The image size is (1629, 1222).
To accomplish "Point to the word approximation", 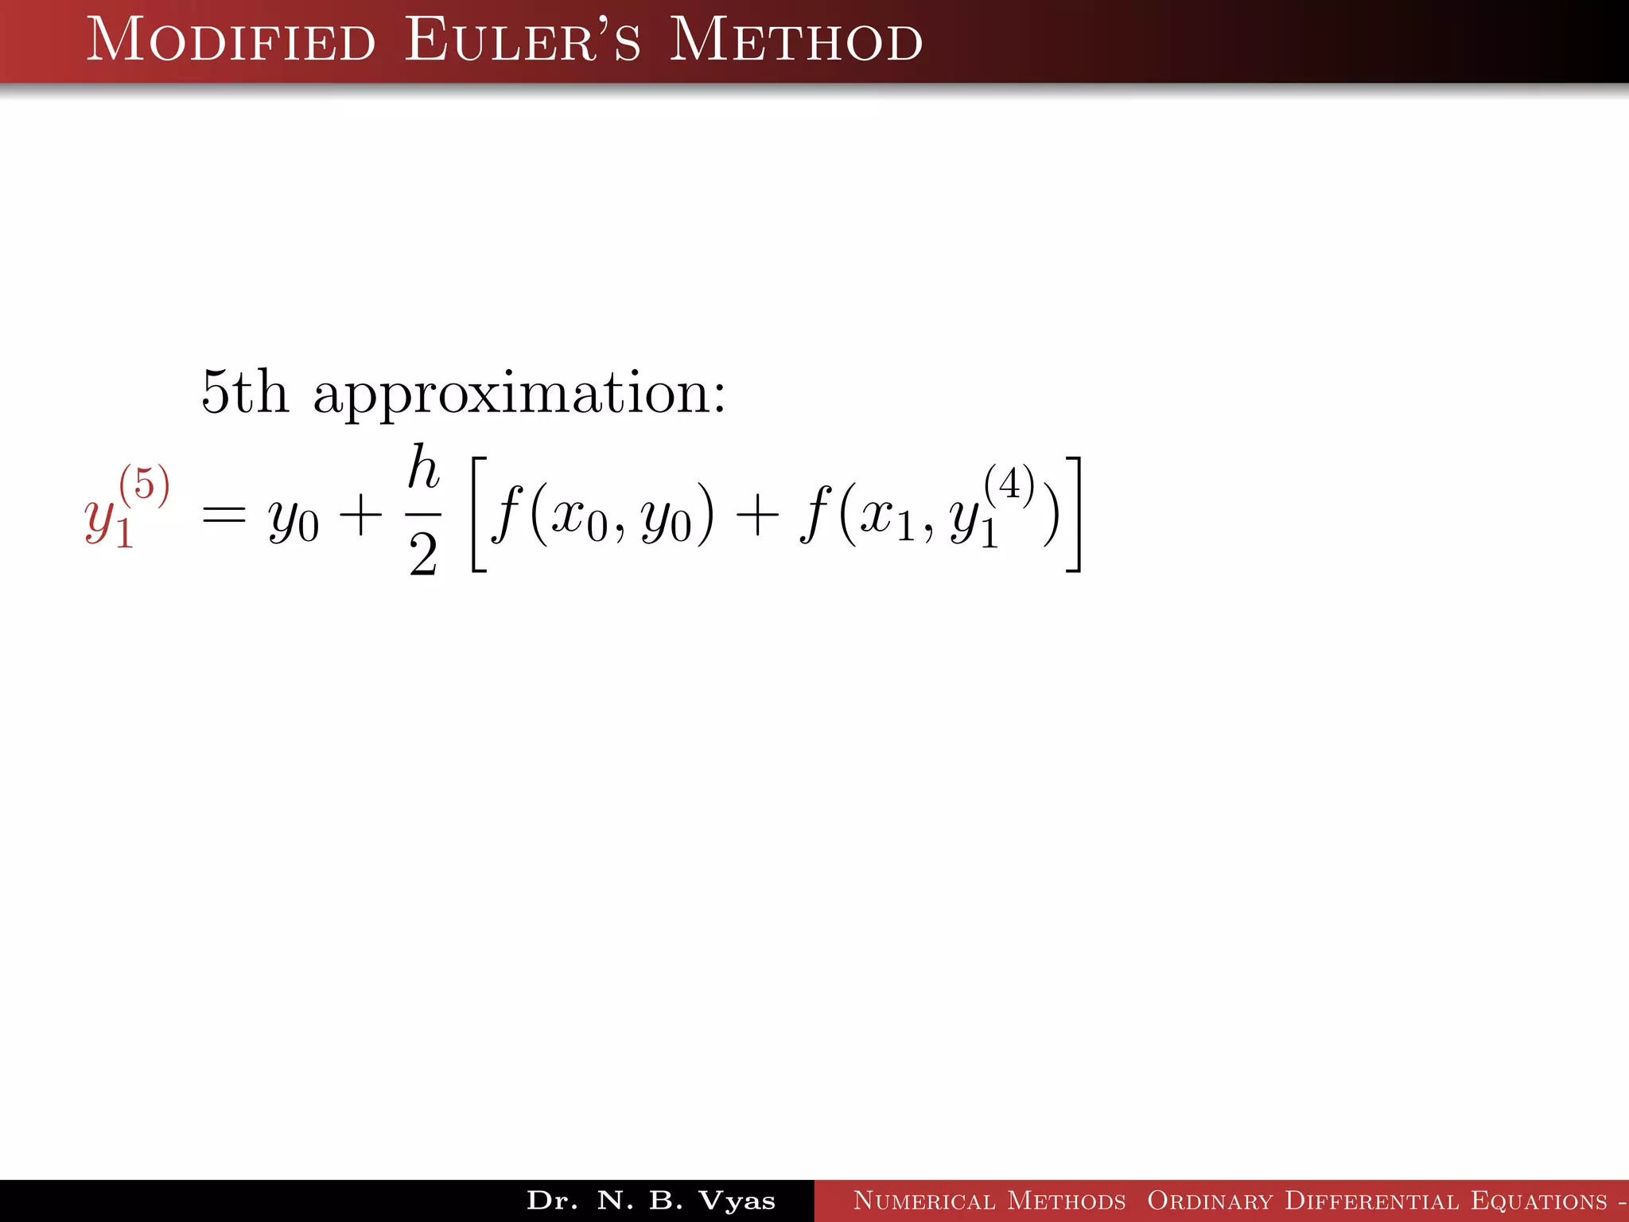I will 519,394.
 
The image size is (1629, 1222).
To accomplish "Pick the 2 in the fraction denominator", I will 423,555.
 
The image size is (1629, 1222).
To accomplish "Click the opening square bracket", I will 479,514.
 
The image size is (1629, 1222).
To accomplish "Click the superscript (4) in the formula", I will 1009,484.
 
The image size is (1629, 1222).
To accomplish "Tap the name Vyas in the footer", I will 737,1201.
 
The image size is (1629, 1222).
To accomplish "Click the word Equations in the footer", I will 1539,1201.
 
